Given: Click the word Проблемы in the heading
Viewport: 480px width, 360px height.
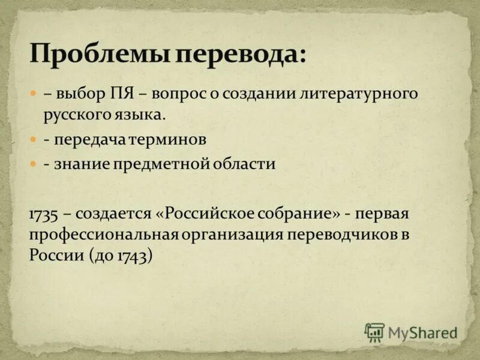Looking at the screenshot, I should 99,56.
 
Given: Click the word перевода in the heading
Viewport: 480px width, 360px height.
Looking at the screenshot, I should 240,56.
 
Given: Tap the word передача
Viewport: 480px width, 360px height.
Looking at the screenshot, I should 89,140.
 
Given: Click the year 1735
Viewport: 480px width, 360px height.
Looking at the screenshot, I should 43,214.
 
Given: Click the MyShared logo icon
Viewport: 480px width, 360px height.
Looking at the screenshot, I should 374,332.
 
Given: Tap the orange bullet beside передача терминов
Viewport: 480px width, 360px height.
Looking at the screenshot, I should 34,139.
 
